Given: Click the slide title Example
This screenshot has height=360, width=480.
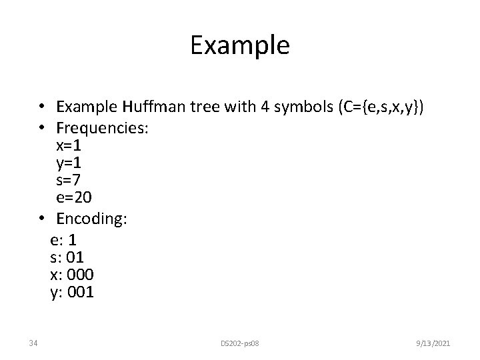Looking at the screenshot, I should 239,45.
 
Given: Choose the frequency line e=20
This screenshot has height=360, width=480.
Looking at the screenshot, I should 75,198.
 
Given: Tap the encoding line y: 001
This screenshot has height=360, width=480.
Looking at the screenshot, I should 72,291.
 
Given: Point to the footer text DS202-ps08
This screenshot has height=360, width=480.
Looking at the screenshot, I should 239,343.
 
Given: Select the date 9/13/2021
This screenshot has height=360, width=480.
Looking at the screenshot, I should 432,343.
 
